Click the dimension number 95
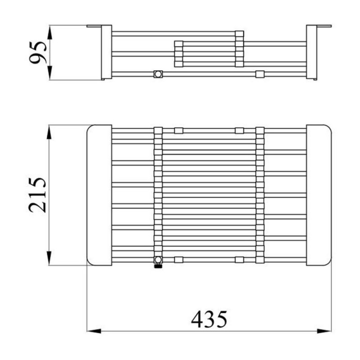tap(38, 52)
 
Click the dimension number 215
tap(37, 195)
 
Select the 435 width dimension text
tap(209, 319)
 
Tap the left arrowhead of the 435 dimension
tap(94, 331)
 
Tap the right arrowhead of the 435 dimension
tap(324, 331)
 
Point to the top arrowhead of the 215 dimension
tap(49, 132)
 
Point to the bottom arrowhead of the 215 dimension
tap(49, 258)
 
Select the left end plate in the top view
tap(99, 195)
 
